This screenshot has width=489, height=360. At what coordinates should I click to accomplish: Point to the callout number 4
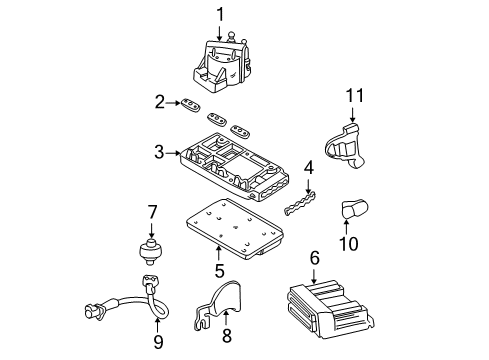click(310, 167)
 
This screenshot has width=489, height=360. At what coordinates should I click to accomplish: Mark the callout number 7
click(153, 211)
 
